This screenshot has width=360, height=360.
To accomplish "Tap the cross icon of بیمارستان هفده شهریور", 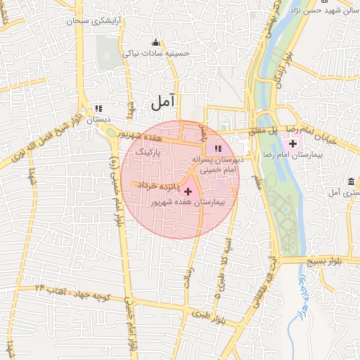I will click(188, 191).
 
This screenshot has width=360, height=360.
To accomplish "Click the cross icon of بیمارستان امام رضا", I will click(292, 143).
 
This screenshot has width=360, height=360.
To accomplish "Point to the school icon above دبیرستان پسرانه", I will click(218, 148).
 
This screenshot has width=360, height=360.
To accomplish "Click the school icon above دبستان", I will click(98, 109).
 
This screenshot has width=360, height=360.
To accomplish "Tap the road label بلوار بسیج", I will click(333, 261).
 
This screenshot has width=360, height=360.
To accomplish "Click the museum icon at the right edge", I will click(351, 181).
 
